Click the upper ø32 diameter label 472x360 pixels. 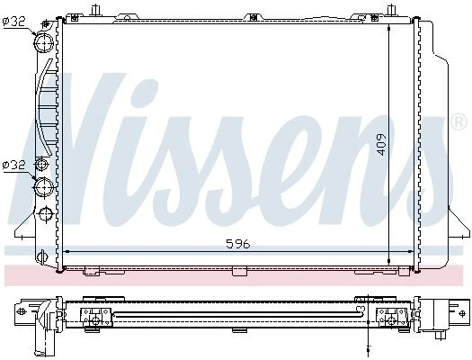click(x=14, y=22)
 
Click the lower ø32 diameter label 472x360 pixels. click(x=13, y=166)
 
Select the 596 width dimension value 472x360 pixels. click(x=238, y=244)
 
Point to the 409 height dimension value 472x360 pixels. click(x=381, y=145)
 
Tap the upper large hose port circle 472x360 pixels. click(x=44, y=42)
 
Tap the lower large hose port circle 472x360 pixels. click(x=44, y=187)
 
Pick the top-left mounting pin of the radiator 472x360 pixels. click(x=95, y=10)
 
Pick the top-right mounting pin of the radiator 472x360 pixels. click(x=391, y=10)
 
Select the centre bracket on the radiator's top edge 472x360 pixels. click(x=254, y=17)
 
